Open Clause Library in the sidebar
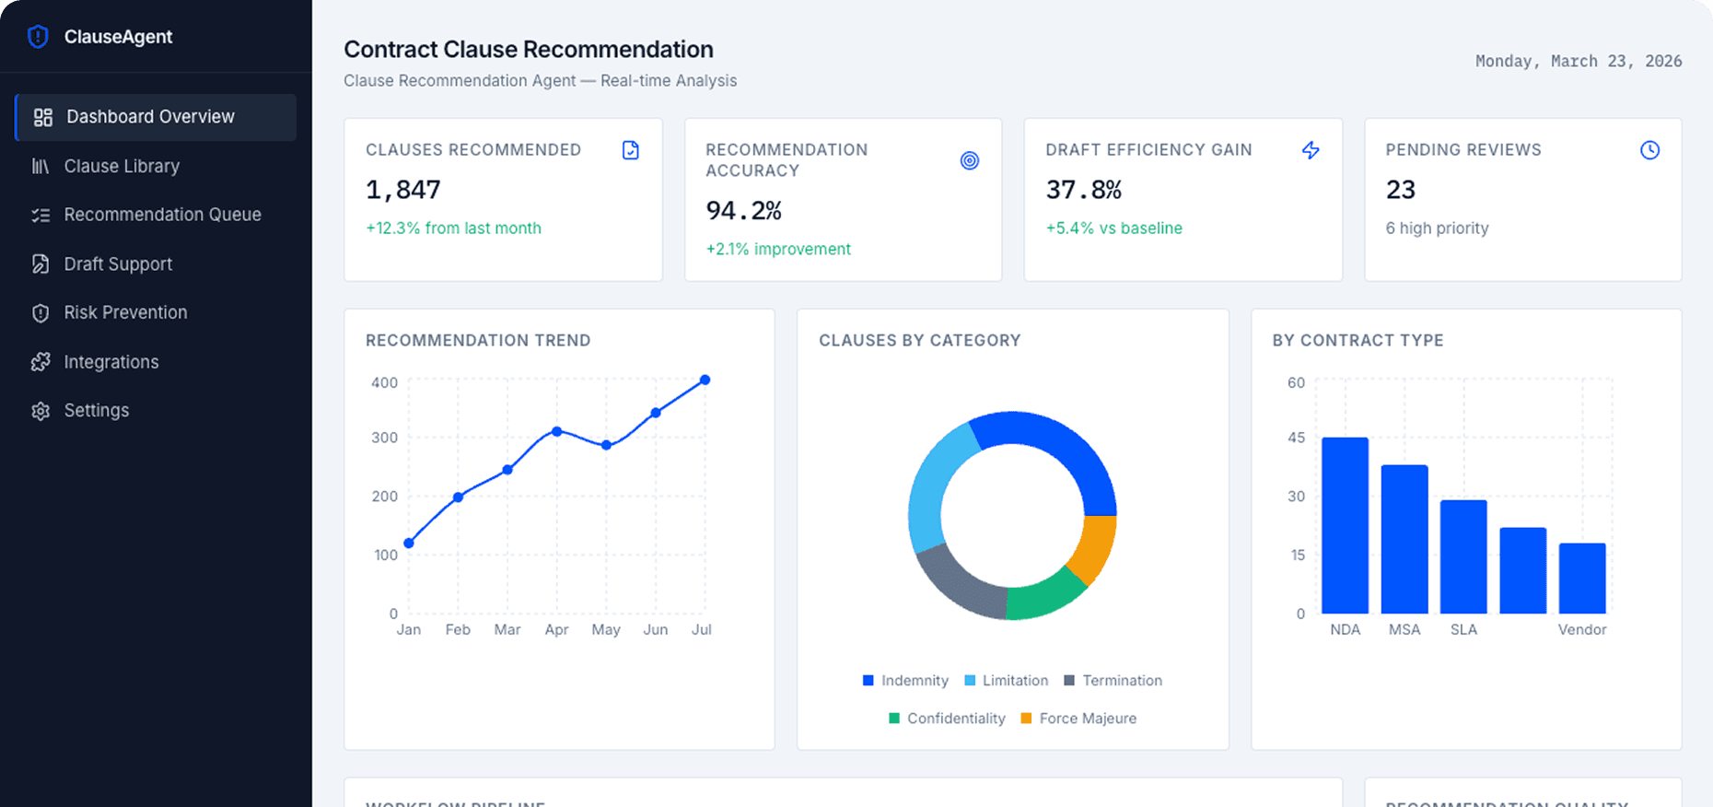[x=122, y=166]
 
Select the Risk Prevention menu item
[x=125, y=312]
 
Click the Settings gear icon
[x=41, y=411]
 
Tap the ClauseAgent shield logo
[x=38, y=37]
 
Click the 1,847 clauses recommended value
[x=403, y=190]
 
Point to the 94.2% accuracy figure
[x=743, y=211]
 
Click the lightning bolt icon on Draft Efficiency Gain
[x=1311, y=150]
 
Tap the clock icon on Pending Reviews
[x=1649, y=150]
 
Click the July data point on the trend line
[x=705, y=380]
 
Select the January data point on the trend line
[x=409, y=544]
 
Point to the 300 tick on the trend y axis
[x=385, y=438]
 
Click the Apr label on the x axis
[x=556, y=629]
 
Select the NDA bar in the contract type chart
[x=1345, y=525]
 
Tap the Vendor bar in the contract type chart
[x=1582, y=579]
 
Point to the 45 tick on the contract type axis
[x=1297, y=438]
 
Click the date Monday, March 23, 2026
[x=1579, y=61]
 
